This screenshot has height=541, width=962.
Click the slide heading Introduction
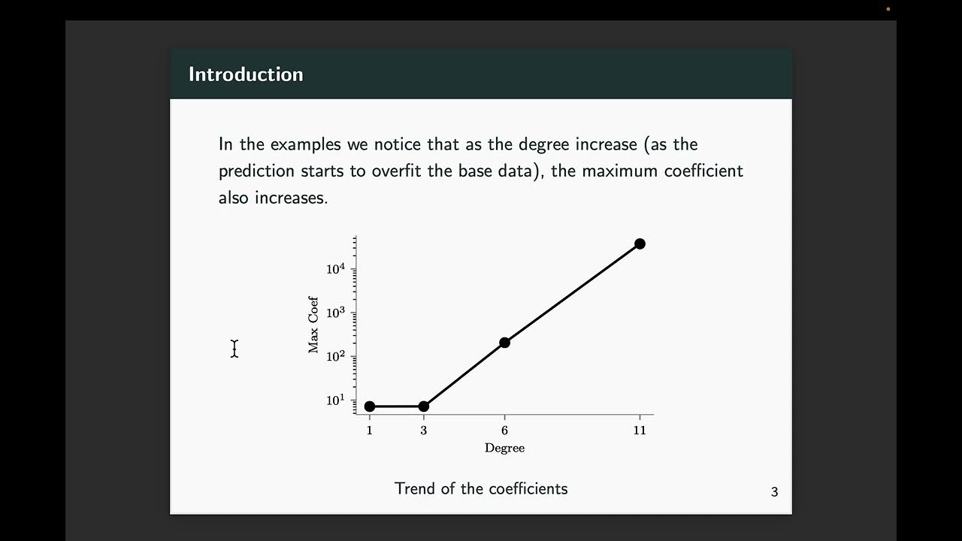point(246,74)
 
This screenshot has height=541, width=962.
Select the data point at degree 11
point(640,243)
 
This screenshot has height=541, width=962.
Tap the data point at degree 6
point(504,343)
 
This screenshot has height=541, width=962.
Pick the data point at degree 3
point(423,407)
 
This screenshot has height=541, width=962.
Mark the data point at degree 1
point(370,407)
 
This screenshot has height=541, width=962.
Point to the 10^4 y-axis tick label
point(335,269)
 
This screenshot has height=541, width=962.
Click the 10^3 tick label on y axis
point(335,313)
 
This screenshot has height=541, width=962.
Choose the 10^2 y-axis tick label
point(335,356)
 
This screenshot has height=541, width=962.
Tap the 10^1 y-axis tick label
point(335,400)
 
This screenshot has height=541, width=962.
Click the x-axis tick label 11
point(640,431)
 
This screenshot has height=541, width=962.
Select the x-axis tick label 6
point(504,431)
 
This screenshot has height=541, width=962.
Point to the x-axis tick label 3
point(423,431)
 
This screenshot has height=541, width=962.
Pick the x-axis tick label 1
point(370,431)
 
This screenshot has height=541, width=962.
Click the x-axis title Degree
point(504,449)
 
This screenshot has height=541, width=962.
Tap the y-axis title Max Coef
point(313,325)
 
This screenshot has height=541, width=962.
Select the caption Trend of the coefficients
point(481,488)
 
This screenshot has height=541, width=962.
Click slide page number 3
point(774,492)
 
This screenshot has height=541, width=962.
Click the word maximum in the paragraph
point(620,171)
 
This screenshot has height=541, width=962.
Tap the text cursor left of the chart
point(234,349)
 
